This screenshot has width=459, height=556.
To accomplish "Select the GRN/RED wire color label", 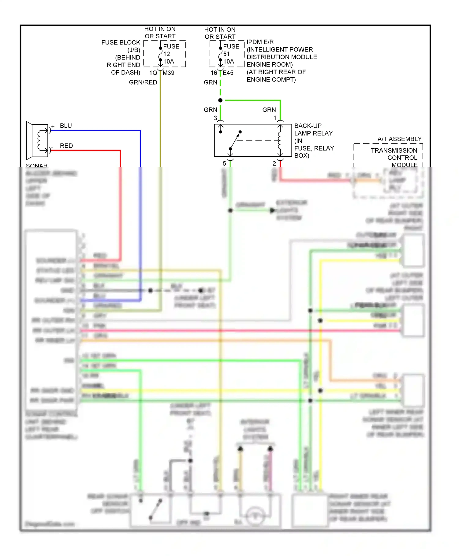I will click(x=143, y=82).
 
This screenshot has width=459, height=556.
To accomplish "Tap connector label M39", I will click(x=168, y=73).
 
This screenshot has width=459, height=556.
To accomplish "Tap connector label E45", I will click(x=228, y=73).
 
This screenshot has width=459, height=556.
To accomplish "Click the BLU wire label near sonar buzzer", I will click(x=66, y=126).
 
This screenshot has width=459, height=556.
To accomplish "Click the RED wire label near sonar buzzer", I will click(x=66, y=146).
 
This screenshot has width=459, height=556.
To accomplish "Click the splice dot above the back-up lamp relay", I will click(x=220, y=100).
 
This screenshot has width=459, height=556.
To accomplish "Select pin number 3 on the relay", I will click(x=215, y=118).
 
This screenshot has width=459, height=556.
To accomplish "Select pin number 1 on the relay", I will click(x=275, y=118).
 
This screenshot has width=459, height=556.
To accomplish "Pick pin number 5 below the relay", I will click(x=224, y=164).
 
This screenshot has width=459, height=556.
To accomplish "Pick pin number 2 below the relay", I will click(x=274, y=164).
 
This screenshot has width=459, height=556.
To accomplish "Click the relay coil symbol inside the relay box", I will click(x=280, y=140).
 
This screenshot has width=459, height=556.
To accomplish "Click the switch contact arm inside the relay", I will click(x=235, y=140).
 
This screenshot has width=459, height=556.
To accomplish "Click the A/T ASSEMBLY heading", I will click(x=399, y=139).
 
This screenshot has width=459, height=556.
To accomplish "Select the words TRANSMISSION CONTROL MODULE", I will click(x=394, y=158).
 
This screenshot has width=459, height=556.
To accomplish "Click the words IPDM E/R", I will click(x=260, y=42).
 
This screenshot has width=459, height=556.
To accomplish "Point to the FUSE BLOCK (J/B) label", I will click(x=121, y=46).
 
